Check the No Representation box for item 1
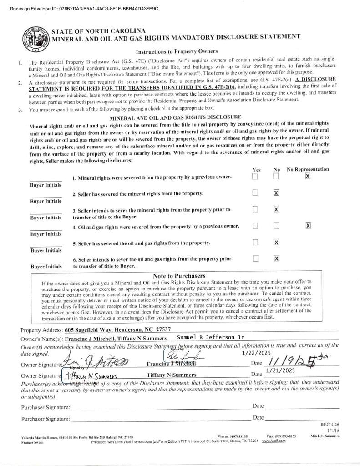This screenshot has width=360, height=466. pos(308,177)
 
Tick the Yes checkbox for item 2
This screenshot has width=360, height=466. pos(255,193)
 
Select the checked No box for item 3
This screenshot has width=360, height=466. pos(276,209)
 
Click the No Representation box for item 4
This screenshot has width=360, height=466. pos(308,226)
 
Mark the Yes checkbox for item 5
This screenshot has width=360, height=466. pos(255,242)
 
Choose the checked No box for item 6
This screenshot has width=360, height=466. pos(276,258)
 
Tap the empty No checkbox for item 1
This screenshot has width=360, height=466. pos(276,177)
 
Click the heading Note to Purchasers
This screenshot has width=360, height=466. pos(179,276)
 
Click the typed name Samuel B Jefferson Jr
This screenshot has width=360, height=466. pos(210,337)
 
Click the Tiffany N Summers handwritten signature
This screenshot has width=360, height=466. pos(91,376)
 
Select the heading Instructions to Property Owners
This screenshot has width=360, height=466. pos(177,51)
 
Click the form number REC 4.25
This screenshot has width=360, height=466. pos(330,424)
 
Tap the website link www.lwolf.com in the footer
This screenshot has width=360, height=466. pos(274,441)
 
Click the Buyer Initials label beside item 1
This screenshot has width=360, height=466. pos(46,185)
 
